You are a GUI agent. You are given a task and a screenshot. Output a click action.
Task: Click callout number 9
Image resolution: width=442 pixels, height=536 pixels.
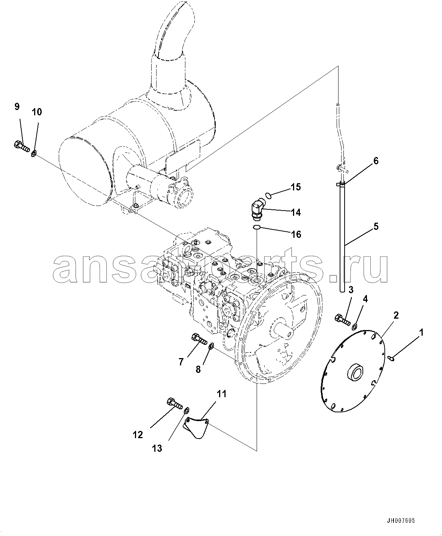(17, 107)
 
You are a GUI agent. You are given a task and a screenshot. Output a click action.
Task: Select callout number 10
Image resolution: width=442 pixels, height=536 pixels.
(37, 112)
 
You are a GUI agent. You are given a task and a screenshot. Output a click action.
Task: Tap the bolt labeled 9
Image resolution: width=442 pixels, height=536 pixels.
(22, 146)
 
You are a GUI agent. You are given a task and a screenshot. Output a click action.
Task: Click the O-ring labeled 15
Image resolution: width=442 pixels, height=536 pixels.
(268, 196)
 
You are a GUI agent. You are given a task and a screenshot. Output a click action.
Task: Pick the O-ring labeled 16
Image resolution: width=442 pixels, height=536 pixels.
(257, 227)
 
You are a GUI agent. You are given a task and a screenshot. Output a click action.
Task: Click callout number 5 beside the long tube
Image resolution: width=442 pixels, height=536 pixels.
(376, 227)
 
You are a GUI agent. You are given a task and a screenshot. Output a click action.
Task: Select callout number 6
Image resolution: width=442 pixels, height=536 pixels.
(376, 161)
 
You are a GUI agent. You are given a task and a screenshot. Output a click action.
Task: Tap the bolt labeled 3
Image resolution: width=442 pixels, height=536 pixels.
(342, 320)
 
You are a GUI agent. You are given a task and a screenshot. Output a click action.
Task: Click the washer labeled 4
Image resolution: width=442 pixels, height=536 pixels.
(354, 326)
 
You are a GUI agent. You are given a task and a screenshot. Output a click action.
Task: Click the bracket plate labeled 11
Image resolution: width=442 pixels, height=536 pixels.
(196, 427)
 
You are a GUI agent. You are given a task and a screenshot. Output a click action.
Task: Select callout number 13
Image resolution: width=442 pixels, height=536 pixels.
(157, 448)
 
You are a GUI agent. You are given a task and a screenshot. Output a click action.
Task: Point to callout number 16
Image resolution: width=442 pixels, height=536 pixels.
(296, 234)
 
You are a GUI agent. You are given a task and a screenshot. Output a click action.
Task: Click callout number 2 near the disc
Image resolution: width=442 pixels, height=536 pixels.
(396, 315)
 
